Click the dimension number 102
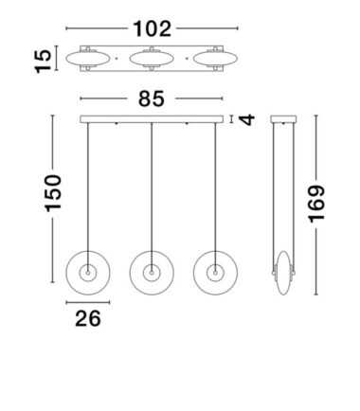pos(153,29)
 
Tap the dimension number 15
pos(43,62)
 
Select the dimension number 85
pos(152,98)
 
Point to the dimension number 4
pos(246,119)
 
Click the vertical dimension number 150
pos(53,193)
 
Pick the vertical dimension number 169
pos(316,204)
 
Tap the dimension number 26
pos(88,318)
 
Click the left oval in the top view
pos(88,59)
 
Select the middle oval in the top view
pos(152,59)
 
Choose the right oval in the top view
pos(215,59)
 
